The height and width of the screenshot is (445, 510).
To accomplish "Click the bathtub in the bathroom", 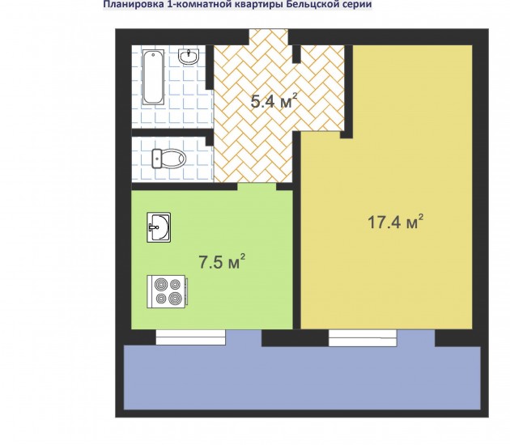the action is click(x=153, y=77).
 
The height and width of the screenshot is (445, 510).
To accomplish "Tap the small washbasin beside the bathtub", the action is click(x=189, y=57).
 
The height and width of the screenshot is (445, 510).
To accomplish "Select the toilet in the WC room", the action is click(x=169, y=159).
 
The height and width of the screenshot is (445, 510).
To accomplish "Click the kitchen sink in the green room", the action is click(x=159, y=227).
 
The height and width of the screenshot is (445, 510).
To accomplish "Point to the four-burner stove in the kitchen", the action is click(x=168, y=291).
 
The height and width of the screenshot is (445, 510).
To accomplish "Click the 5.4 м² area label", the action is click(x=274, y=101).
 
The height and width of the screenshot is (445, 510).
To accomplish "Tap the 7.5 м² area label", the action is click(x=222, y=261).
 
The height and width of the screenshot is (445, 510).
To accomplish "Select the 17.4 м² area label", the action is click(x=395, y=222).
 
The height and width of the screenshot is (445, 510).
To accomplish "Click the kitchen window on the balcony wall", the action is click(x=190, y=337).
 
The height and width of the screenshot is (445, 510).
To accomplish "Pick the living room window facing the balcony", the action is click(x=363, y=338).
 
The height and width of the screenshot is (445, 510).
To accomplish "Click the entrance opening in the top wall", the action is click(x=269, y=36).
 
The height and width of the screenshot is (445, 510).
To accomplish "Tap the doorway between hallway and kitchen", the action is click(x=257, y=187).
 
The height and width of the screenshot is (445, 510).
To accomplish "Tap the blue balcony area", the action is click(x=302, y=377).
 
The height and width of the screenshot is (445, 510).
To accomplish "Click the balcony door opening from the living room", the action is click(x=415, y=338).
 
